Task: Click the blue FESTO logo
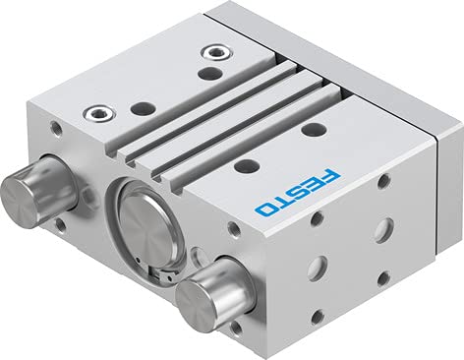coord(298,193)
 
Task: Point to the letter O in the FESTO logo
coord(265,210)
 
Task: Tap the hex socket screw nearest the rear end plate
coord(216,52)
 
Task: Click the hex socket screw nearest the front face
coord(99,113)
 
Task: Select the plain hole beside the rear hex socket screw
coord(210,73)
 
